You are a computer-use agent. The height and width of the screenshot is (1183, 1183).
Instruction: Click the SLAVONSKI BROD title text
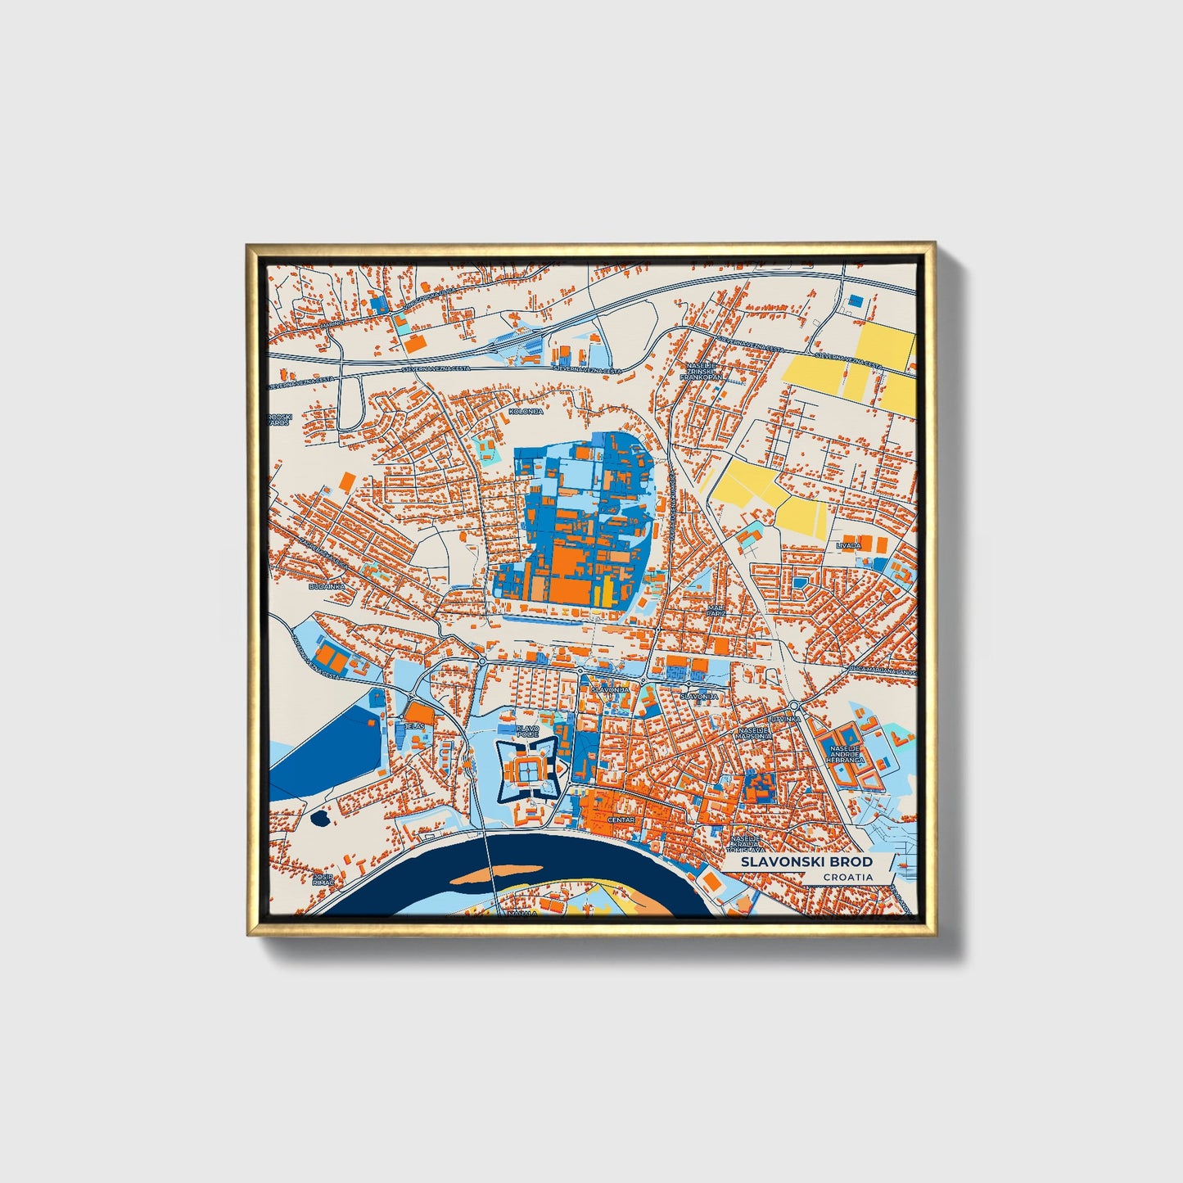(806, 862)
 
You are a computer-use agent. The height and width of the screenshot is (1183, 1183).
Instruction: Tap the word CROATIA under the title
(847, 878)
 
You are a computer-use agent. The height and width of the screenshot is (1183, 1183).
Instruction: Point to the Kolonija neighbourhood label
(526, 411)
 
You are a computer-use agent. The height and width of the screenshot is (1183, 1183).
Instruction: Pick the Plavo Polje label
(527, 730)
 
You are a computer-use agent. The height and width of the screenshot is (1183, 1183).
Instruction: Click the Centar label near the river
(621, 820)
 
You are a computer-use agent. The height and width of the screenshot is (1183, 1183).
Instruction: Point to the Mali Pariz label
(716, 610)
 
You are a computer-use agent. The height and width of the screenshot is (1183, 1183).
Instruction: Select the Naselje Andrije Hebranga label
(847, 754)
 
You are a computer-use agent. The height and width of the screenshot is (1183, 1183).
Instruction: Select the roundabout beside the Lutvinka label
(794, 705)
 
